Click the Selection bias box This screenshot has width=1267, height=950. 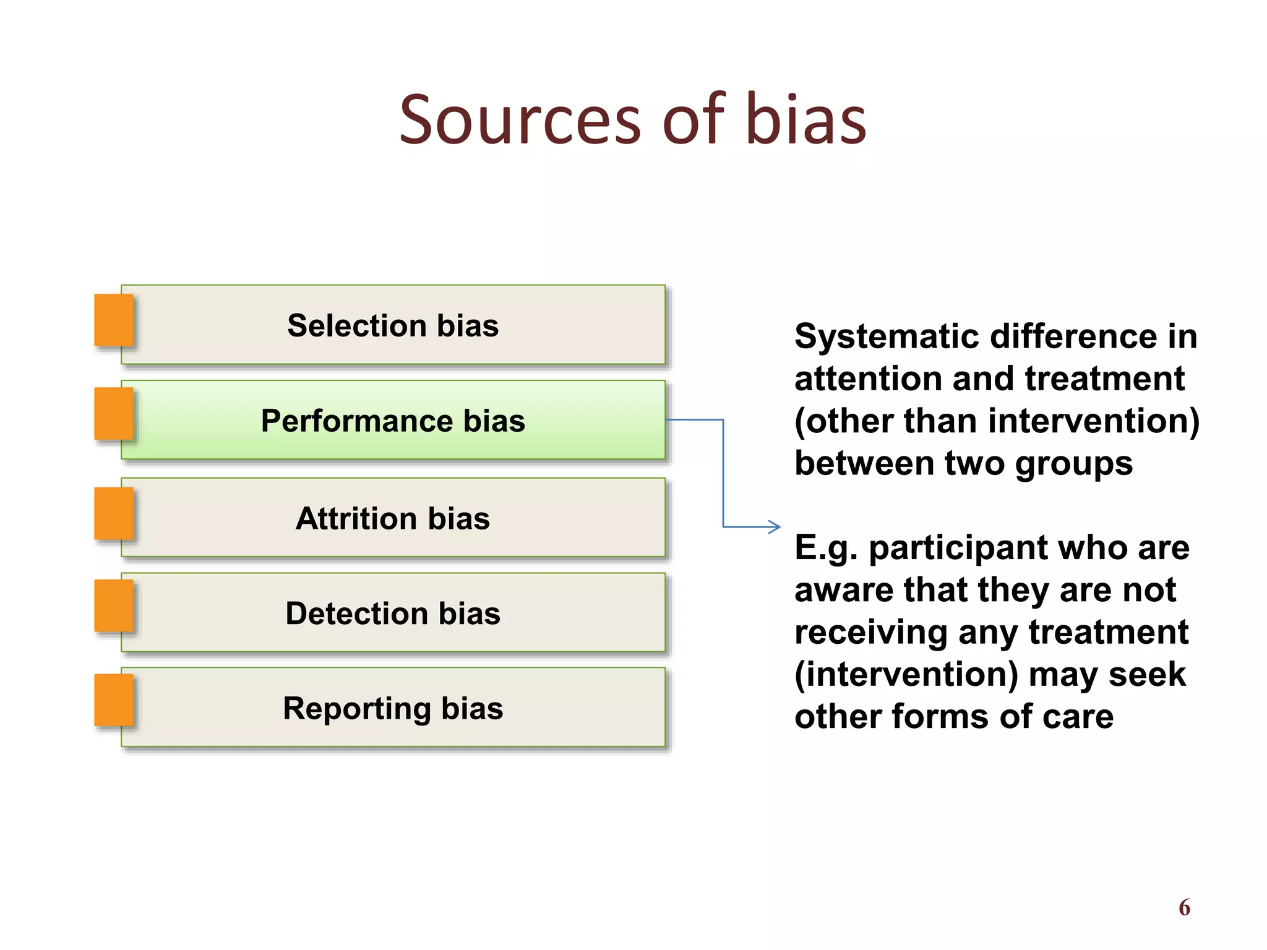tap(393, 325)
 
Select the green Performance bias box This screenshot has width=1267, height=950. tap(393, 421)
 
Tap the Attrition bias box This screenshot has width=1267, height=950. tap(393, 518)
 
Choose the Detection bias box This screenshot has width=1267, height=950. tap(393, 613)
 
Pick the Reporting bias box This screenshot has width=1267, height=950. tap(393, 708)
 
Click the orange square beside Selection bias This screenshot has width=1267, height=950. tap(114, 320)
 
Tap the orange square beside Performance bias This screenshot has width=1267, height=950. tap(114, 414)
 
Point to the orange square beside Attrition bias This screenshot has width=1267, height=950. tap(114, 513)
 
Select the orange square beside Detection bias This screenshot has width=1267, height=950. tap(114, 606)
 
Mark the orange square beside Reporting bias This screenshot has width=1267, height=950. tap(114, 700)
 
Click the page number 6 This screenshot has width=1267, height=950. tap(1184, 907)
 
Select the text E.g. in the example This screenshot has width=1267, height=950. tap(826, 548)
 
